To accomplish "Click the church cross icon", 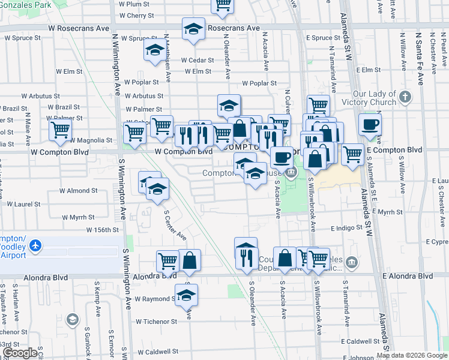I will click(x=405, y=97).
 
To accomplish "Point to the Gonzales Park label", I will click(x=26, y=4).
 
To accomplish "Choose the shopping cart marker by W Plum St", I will click(x=223, y=6).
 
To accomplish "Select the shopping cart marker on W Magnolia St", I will click(x=60, y=130).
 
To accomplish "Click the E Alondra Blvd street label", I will click(x=407, y=276).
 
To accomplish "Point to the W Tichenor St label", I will click(x=156, y=322).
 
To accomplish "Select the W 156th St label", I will click(x=103, y=230).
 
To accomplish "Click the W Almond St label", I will click(x=78, y=191).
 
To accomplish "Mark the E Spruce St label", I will click(x=323, y=38).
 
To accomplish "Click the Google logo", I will click(x=20, y=353).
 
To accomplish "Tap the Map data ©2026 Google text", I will click(x=411, y=355).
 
